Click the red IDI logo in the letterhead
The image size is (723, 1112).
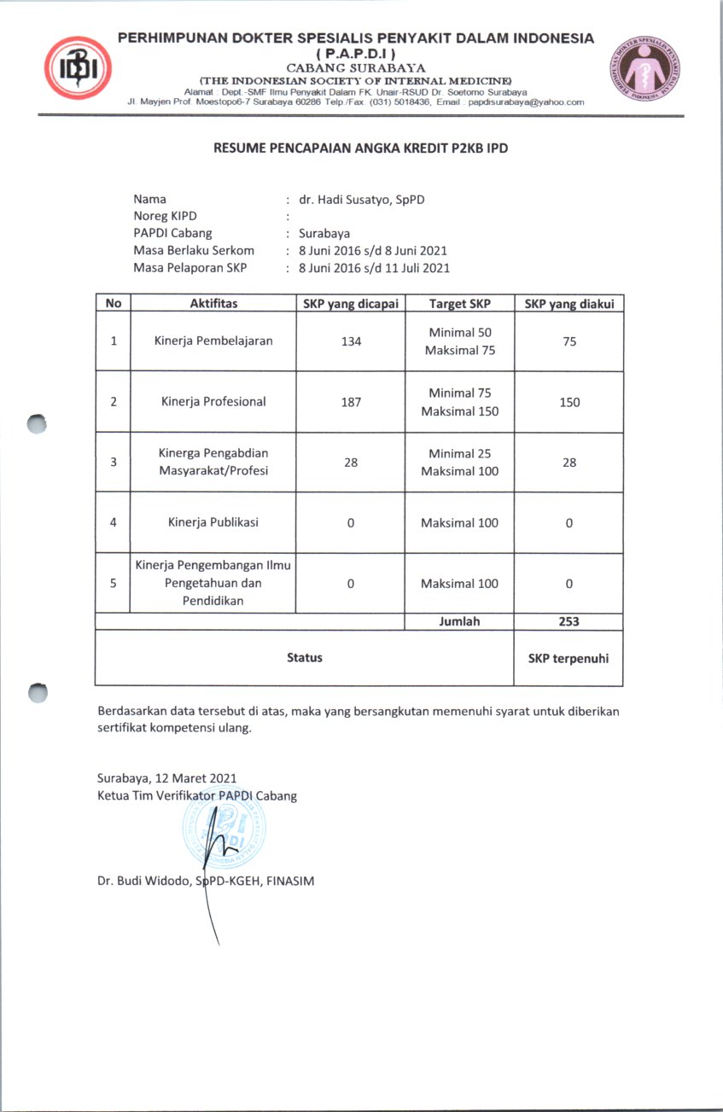point(79,67)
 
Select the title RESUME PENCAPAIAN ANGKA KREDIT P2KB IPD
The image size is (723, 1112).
point(361,148)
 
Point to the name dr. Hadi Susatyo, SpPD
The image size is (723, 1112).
point(356,200)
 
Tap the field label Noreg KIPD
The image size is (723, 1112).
point(166,217)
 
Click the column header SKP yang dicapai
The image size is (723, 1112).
point(351,304)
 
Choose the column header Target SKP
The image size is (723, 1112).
point(459,304)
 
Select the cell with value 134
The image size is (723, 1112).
point(351,341)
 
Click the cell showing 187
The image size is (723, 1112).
point(351,402)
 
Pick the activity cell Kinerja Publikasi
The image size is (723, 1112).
point(213,523)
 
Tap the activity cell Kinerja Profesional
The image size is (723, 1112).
point(213,402)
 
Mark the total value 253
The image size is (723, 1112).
point(568,621)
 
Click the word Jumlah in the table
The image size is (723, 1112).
point(459,621)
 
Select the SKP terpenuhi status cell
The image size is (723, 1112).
point(568,658)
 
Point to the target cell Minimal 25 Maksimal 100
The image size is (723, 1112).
point(459,463)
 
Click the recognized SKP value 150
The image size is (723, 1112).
point(569,402)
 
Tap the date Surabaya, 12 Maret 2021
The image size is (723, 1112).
point(167,778)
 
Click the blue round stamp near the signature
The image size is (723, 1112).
point(224,828)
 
